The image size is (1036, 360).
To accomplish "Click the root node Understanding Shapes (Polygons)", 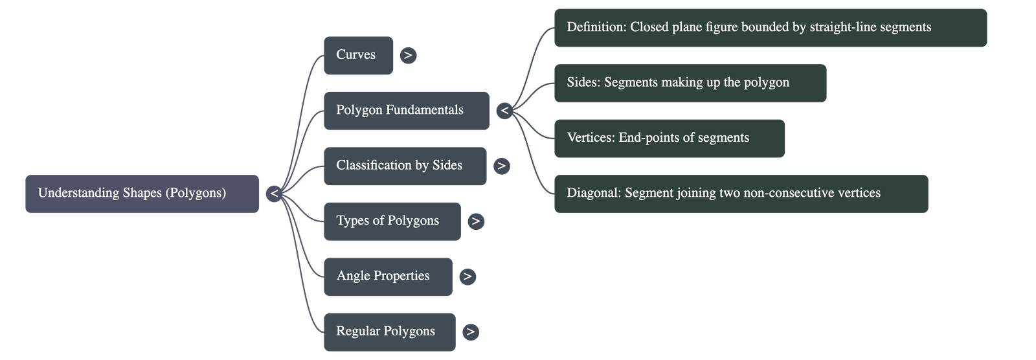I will (x=142, y=194).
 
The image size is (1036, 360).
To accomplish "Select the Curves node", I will (x=358, y=55).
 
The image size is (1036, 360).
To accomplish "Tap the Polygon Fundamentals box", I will (x=406, y=111).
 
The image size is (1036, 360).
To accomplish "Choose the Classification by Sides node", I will (x=405, y=166).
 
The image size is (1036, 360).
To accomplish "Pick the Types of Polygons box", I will (x=392, y=221).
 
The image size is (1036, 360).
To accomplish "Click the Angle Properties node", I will (x=388, y=276).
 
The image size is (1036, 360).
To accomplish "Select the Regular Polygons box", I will (x=389, y=332).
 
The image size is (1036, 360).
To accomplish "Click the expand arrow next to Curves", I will (x=408, y=56).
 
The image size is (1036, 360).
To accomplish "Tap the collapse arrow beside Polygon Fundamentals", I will (x=505, y=111).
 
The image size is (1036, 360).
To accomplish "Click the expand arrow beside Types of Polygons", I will (x=476, y=221).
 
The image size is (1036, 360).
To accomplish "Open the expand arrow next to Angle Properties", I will (x=467, y=276).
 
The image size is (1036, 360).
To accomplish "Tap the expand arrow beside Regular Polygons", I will (x=471, y=332).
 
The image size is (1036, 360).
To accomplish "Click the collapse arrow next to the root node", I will (x=275, y=194).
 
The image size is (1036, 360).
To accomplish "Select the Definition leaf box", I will (x=770, y=28).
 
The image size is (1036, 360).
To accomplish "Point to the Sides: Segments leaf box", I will (x=690, y=83).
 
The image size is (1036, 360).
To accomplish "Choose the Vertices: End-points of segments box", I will (x=669, y=138).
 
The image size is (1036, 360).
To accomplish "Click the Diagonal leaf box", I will (x=740, y=194).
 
